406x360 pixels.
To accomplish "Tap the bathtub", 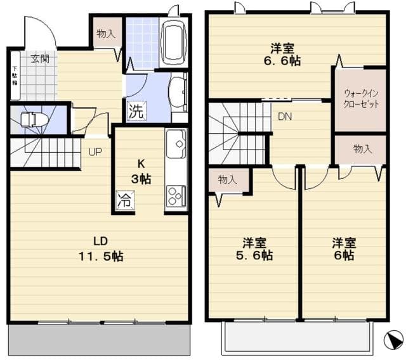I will [x=172, y=42].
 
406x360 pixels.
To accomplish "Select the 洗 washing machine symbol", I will [x=135, y=111].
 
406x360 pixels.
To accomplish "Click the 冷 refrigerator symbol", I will [x=124, y=202].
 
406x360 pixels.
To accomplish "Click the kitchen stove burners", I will [x=175, y=195].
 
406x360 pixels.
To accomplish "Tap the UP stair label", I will [x=95, y=152].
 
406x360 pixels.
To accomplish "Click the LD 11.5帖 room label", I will [x=100, y=249].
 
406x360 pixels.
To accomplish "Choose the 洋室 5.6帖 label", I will [x=257, y=249].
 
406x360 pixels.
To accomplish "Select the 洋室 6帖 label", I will [x=343, y=249].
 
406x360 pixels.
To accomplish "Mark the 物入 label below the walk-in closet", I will [x=362, y=149].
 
